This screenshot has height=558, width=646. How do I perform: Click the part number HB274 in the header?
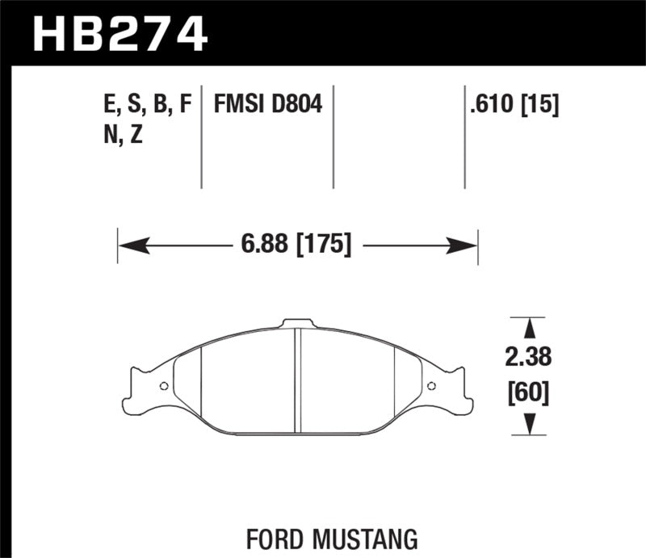(120, 34)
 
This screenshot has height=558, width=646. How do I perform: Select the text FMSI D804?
(268, 105)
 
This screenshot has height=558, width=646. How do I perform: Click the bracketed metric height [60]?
(529, 392)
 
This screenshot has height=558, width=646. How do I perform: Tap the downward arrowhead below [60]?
(529, 424)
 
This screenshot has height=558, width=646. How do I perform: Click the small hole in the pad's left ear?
(164, 385)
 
